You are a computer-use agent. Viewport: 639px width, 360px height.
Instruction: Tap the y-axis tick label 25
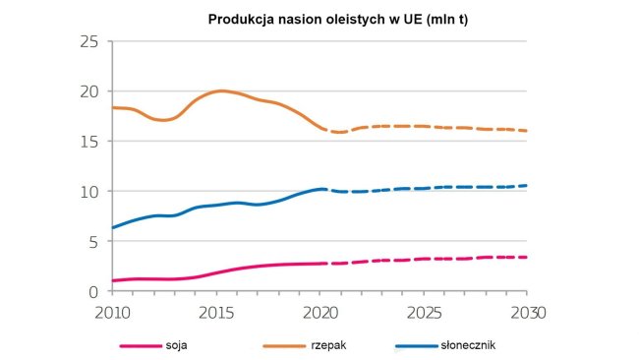[x=89, y=41]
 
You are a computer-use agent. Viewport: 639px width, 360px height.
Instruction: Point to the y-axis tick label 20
[x=89, y=91]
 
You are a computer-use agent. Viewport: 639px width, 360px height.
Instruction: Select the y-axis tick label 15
[x=89, y=142]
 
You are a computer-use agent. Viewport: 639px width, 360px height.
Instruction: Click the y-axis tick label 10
[x=89, y=192]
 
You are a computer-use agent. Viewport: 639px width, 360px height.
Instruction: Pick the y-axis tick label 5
[x=94, y=242]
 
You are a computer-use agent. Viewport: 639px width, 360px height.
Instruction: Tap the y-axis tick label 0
[x=94, y=291]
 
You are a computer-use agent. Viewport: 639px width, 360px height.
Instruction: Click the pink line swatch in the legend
[x=142, y=346]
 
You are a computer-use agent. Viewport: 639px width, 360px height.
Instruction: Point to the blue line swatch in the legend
[x=416, y=346]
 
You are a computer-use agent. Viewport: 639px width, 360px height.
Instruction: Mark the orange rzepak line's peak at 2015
[x=220, y=90]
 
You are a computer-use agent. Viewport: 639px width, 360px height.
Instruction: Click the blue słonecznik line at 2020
[x=320, y=189]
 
